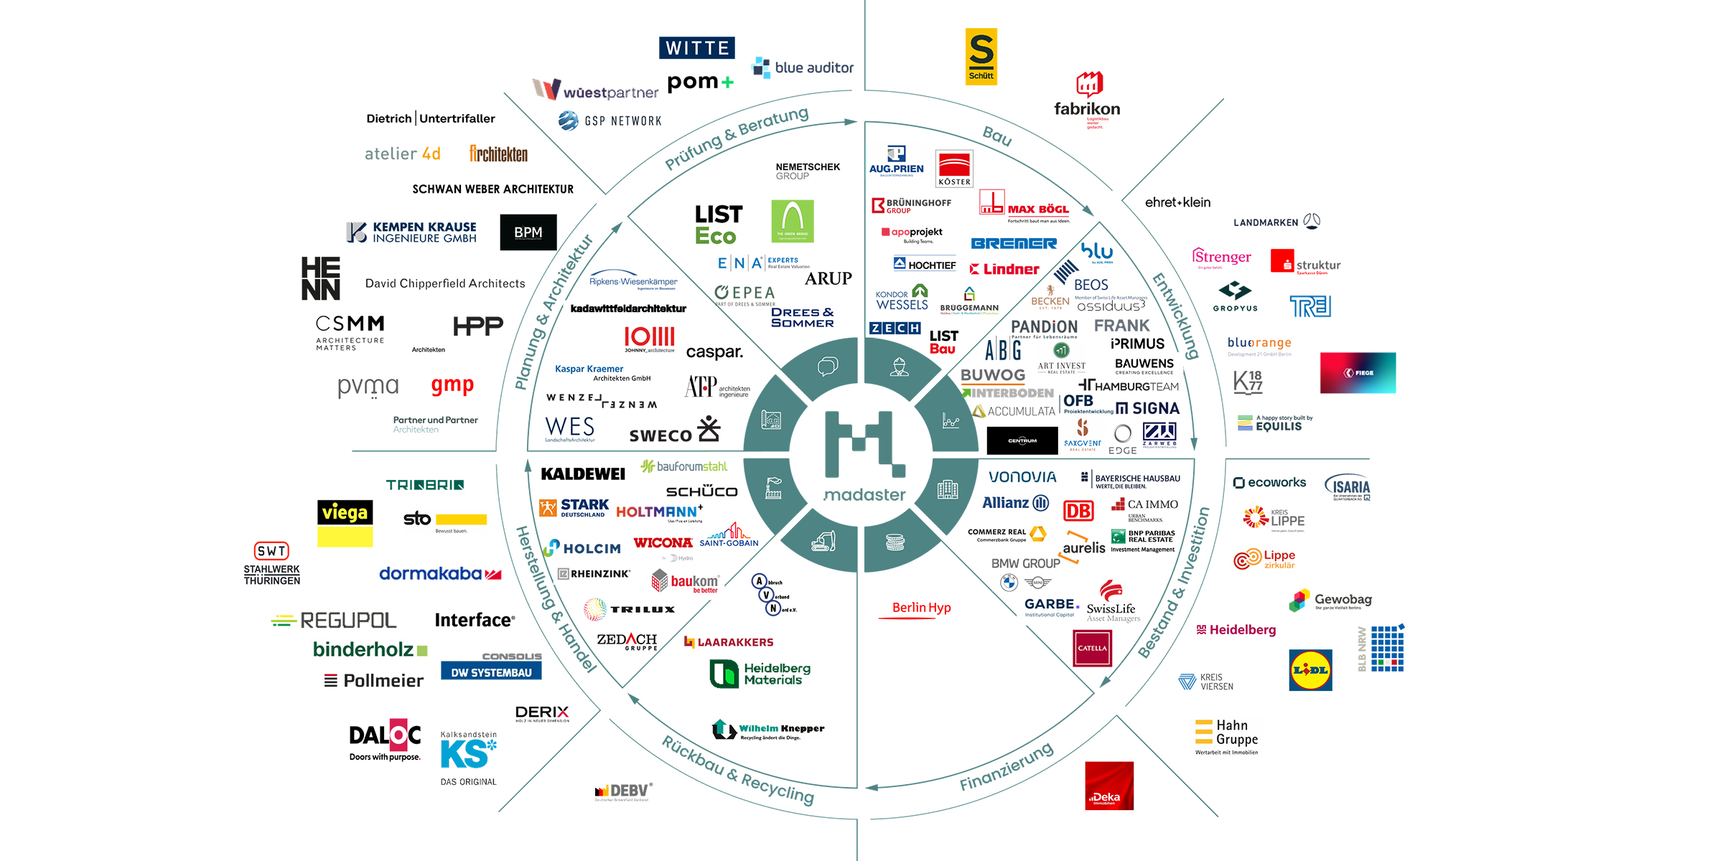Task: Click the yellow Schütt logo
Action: click(981, 57)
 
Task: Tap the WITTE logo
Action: click(696, 48)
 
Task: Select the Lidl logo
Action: click(1310, 670)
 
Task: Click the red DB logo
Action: click(1078, 511)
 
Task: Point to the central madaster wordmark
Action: click(864, 495)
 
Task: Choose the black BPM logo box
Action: click(528, 232)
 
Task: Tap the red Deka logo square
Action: click(1109, 786)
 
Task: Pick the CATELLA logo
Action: click(1092, 648)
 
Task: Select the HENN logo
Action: click(320, 278)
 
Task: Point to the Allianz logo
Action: click(1015, 503)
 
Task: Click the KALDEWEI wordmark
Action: click(583, 474)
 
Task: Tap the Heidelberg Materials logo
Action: click(760, 674)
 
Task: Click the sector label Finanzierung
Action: click(1007, 766)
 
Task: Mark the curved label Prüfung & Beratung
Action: click(737, 138)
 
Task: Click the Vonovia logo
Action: click(1022, 477)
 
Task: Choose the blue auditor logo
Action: click(803, 67)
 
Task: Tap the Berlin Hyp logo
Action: click(921, 608)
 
